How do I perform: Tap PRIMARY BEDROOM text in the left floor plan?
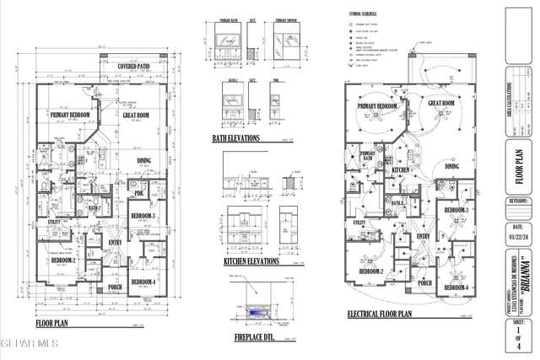[70, 115]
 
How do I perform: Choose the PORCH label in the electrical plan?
[424, 283]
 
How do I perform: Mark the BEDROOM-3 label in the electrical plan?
[456, 209]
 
